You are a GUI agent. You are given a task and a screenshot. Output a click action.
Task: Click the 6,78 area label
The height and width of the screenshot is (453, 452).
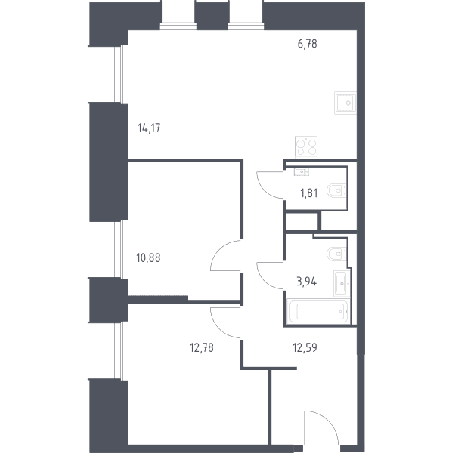[x=307, y=44]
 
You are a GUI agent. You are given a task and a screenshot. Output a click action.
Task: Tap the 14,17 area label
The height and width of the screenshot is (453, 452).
[x=149, y=128]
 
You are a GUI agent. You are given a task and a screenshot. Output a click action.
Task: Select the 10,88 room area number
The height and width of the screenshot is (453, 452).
[x=148, y=257]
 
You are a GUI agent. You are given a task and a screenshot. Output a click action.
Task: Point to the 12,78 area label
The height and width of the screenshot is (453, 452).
[x=202, y=347]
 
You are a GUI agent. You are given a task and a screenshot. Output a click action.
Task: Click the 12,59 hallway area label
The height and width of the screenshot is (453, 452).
[x=305, y=347]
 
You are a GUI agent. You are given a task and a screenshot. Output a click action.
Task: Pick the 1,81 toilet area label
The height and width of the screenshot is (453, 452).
[x=309, y=193]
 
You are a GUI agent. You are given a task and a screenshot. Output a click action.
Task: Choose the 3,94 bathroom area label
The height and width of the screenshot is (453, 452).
[x=307, y=281]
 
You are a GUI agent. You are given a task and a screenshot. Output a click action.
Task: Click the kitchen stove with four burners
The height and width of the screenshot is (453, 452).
[x=306, y=147]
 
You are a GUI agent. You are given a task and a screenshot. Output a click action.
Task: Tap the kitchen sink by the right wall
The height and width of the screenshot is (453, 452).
[x=345, y=103]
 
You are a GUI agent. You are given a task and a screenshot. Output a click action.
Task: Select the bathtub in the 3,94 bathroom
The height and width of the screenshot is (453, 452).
[x=318, y=311]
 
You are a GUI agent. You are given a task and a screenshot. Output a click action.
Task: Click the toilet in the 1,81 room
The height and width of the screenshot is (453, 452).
[x=336, y=191]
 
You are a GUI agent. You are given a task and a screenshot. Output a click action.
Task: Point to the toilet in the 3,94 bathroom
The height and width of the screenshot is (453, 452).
[x=336, y=254]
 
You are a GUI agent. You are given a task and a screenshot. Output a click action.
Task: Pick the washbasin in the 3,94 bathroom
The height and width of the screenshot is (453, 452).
[x=342, y=283]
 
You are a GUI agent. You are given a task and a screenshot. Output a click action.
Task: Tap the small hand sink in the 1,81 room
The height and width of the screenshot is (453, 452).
[x=302, y=171]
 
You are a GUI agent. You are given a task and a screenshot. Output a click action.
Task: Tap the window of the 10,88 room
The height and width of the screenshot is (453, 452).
[x=121, y=249]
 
